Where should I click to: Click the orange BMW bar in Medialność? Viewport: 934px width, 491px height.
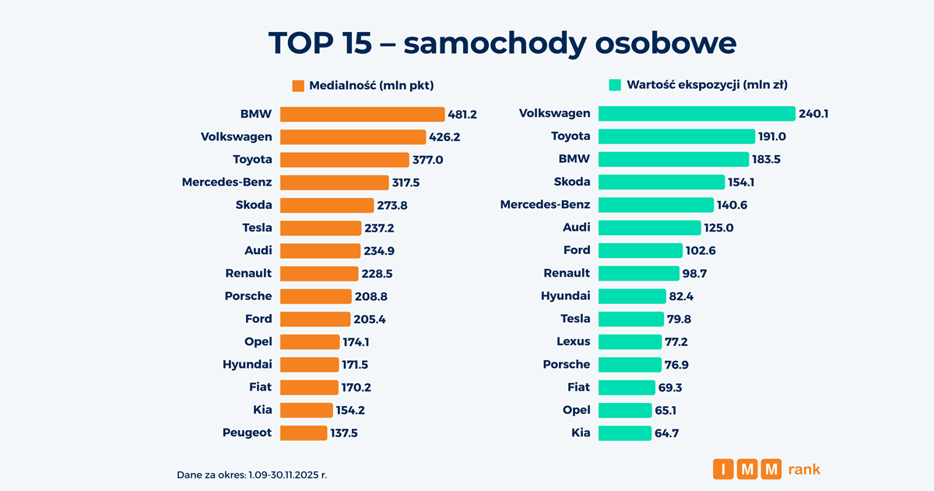coord(362,115)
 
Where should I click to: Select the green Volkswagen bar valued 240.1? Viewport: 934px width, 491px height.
coord(696,114)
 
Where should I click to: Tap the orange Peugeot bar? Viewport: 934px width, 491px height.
coord(304,433)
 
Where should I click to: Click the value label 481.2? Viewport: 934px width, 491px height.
coord(462,115)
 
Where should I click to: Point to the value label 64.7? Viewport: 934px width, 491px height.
coord(667,433)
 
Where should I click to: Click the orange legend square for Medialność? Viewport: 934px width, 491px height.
coord(298,86)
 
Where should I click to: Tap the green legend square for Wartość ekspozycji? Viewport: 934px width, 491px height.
coord(614,85)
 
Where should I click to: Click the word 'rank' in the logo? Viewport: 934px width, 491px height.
coord(804,469)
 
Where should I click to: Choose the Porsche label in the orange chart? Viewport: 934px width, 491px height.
coord(248,296)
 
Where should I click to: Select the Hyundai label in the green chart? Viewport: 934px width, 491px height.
coord(566,296)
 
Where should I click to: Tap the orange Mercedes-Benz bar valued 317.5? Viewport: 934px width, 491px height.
coord(334,182)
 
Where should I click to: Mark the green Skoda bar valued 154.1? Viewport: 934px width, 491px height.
coord(661,182)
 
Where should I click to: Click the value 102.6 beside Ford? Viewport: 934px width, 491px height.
coord(702,250)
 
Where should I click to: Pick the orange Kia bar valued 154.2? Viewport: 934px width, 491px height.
coord(306,410)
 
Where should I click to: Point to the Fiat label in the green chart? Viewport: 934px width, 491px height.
coord(578,387)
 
